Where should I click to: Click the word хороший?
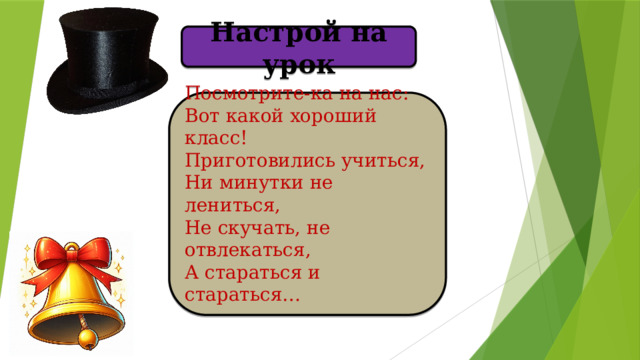(331, 117)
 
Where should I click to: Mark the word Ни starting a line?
(196, 182)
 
